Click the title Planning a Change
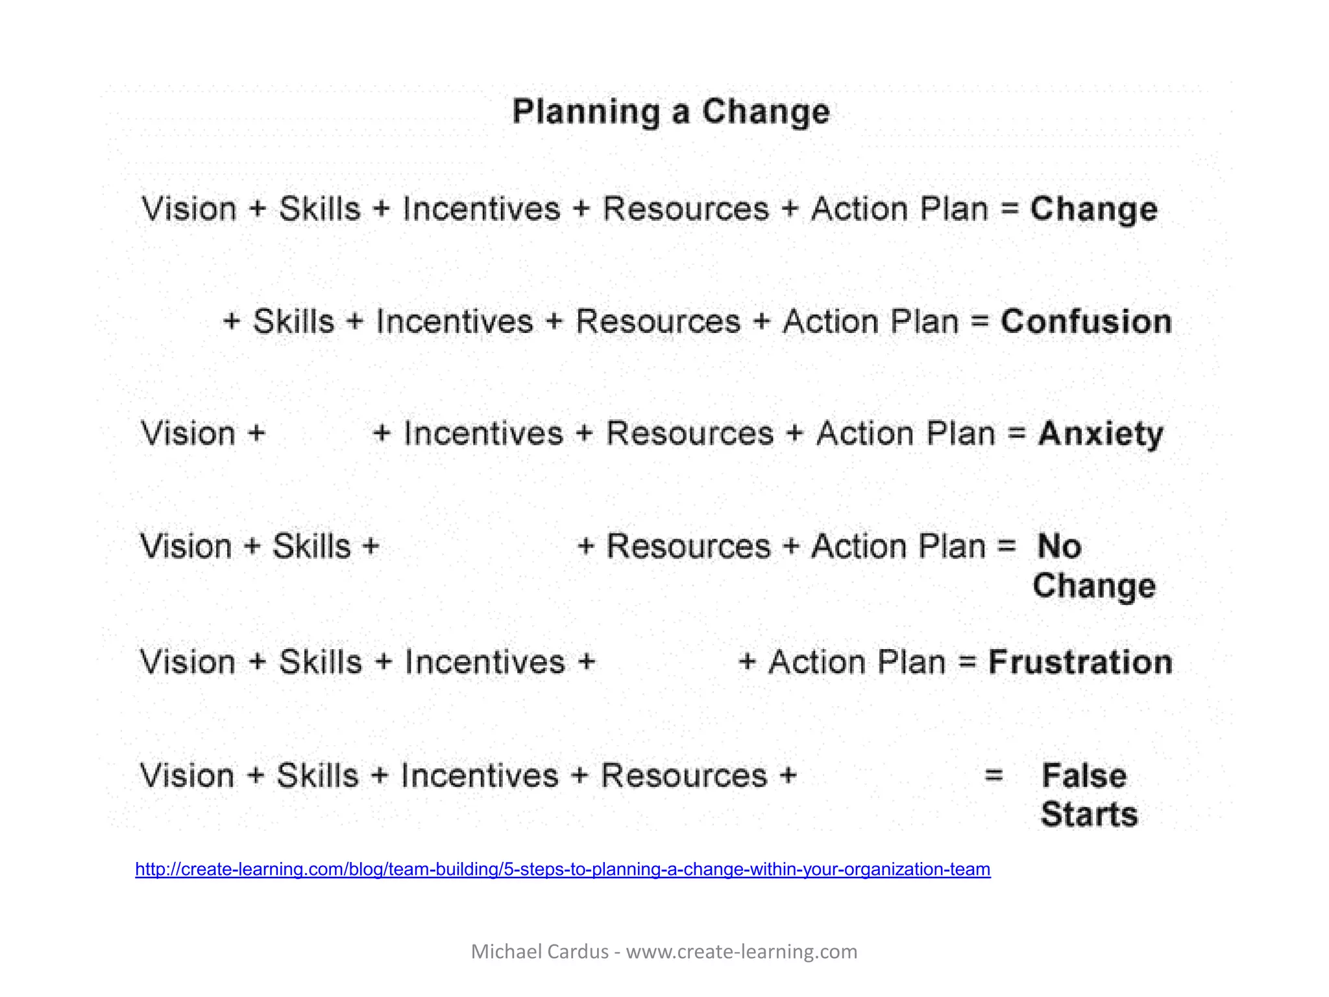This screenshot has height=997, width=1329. pos(671,112)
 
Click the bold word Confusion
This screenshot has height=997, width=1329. pos(1086,322)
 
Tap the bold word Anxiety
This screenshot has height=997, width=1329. pos(1101,434)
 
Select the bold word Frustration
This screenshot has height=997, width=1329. pos(1080,663)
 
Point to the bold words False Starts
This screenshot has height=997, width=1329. pos(1088,794)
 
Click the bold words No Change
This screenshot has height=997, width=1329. pos(1093,565)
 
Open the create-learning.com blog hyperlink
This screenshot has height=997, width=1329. pos(563,869)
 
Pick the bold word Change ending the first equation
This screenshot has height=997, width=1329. pos(1093,209)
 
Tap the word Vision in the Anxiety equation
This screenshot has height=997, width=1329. pos(188,434)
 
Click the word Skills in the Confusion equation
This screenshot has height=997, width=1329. pos(293,322)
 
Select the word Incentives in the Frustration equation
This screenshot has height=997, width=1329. pos(485,663)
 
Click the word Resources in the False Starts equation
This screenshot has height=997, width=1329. pos(684,776)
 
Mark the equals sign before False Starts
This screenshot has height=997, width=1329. pos(994,775)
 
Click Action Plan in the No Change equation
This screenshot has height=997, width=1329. pos(898,547)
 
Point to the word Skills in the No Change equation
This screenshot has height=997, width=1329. pos(311,547)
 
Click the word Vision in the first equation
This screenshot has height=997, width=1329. pos(189,209)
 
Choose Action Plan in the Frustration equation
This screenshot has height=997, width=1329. pos(857,663)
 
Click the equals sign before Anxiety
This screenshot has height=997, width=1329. pos(1016,434)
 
